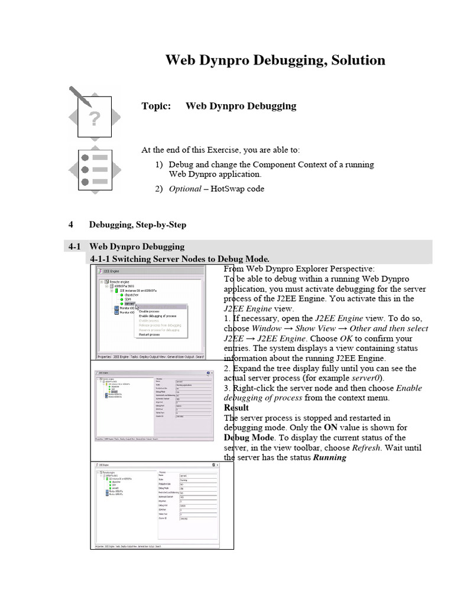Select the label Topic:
156,107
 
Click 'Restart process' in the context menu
150,334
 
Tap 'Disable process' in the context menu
149,311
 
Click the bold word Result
236,408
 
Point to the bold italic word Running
329,458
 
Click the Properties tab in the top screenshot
104,357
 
